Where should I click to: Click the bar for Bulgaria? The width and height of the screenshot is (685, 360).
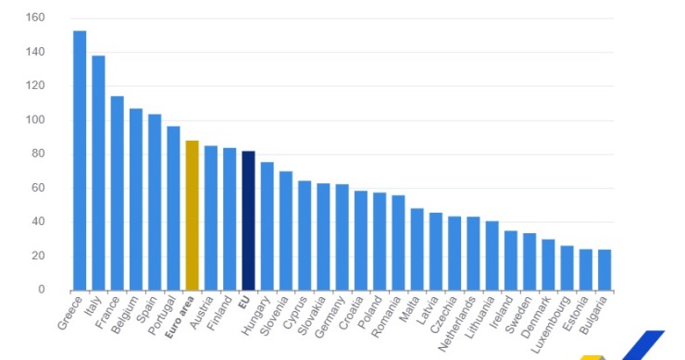coord(604,269)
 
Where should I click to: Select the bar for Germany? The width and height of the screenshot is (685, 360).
coord(342,237)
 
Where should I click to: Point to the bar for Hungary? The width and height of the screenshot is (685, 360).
coord(267,226)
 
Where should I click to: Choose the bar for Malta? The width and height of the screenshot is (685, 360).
coord(417,249)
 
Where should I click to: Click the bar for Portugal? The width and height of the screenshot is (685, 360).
coord(173,207)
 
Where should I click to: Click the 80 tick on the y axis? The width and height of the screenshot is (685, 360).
coord(39,154)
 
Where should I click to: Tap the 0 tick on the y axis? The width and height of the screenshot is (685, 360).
coord(42,290)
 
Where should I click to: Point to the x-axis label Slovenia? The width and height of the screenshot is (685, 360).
coord(275,315)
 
